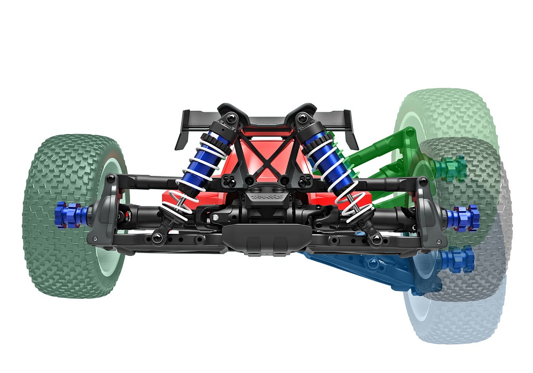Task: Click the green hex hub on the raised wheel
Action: (450, 168)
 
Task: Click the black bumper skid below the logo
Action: (265, 237)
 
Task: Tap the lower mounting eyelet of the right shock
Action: (376, 240)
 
